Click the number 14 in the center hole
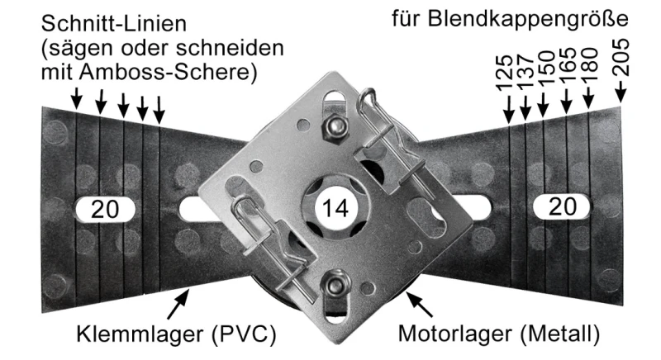point(335,208)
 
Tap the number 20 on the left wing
point(106,210)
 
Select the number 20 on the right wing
point(562,208)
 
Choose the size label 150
point(544,78)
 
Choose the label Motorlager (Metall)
point(493,335)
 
